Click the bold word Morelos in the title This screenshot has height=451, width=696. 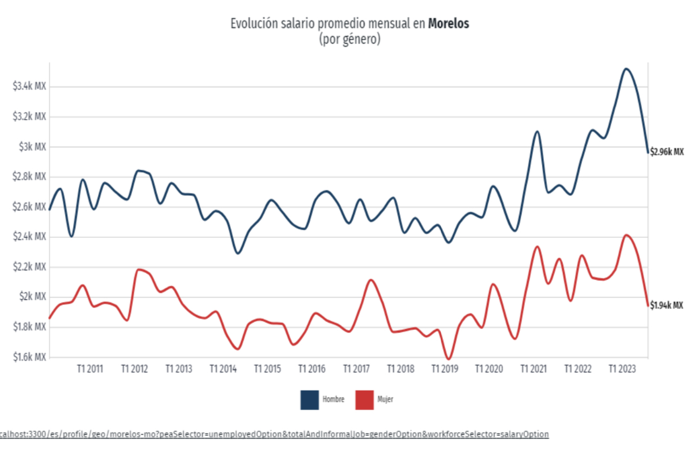click(x=448, y=24)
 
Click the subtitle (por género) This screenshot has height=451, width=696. click(x=349, y=39)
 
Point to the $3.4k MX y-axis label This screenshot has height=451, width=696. click(x=30, y=86)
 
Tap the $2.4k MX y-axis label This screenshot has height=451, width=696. click(x=30, y=237)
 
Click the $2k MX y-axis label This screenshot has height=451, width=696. click(x=33, y=297)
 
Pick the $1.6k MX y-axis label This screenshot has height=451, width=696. click(x=30, y=357)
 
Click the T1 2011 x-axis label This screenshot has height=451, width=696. click(x=90, y=369)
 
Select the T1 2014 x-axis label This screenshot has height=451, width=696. click(x=223, y=369)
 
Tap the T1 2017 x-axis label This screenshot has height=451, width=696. click(x=356, y=369)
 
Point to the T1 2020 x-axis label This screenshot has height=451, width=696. click(x=489, y=369)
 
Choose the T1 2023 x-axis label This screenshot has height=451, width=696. click(x=622, y=369)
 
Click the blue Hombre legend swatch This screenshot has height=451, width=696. click(x=309, y=400)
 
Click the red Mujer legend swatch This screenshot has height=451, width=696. click(x=364, y=400)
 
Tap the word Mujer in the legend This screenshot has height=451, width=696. click(x=385, y=400)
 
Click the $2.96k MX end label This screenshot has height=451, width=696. click(x=667, y=152)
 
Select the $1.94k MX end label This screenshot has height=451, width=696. click(x=666, y=305)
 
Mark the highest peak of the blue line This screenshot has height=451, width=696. click(x=625, y=69)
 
